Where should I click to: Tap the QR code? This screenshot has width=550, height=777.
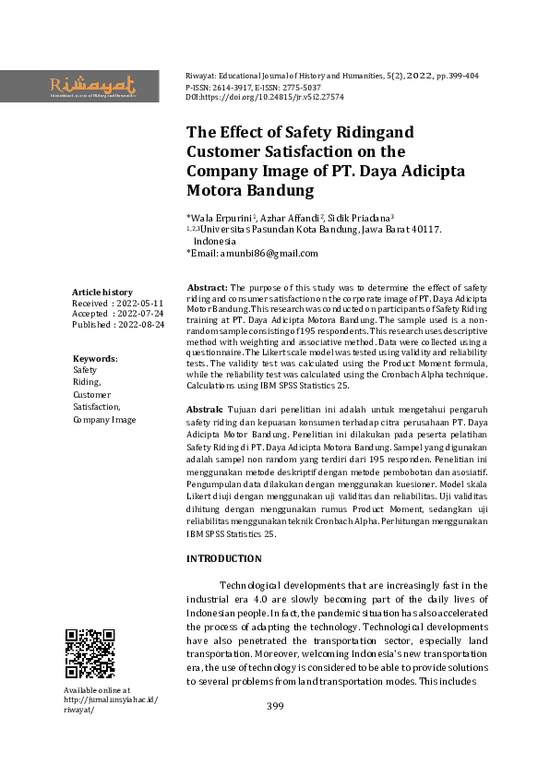(x=90, y=653)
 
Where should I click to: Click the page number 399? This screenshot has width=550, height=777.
(x=275, y=707)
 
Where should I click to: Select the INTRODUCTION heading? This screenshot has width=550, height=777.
(x=223, y=558)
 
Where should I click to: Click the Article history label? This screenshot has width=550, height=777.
(x=102, y=292)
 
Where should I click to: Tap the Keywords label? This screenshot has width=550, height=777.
(x=94, y=358)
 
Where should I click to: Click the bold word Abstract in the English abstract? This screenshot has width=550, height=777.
(x=207, y=288)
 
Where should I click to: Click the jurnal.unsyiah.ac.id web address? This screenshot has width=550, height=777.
(x=111, y=700)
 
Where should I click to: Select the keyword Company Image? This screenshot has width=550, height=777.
(x=104, y=420)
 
